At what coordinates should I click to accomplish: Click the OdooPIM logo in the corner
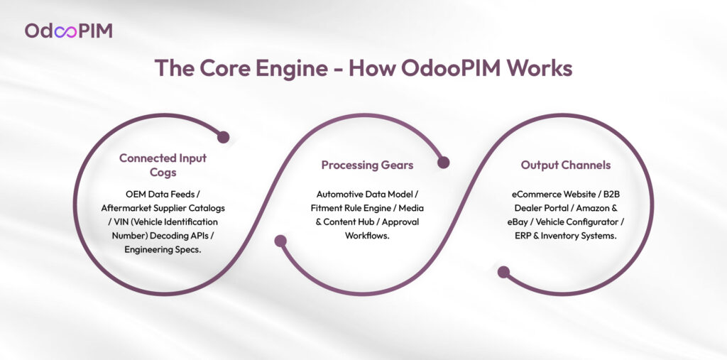pyautogui.click(x=68, y=31)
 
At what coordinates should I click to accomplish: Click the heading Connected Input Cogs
pyautogui.click(x=163, y=165)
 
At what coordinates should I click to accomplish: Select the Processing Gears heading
pyautogui.click(x=367, y=165)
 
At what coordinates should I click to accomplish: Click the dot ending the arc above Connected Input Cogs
pyautogui.click(x=223, y=137)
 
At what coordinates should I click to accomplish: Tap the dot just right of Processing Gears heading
pyautogui.click(x=444, y=163)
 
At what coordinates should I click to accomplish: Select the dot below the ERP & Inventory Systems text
pyautogui.click(x=503, y=272)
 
